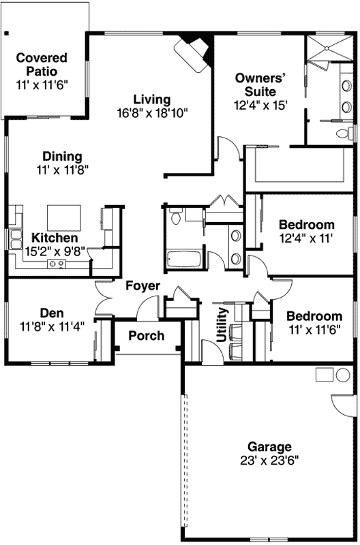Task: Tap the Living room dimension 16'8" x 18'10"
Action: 151,112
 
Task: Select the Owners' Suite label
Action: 256,84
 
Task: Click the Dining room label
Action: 62,156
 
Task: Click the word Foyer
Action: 143,285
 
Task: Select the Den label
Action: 52,313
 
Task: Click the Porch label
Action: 147,336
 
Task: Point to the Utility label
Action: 222,325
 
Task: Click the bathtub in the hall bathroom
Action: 182,259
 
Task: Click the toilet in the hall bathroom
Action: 175,217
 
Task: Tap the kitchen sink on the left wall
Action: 15,239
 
